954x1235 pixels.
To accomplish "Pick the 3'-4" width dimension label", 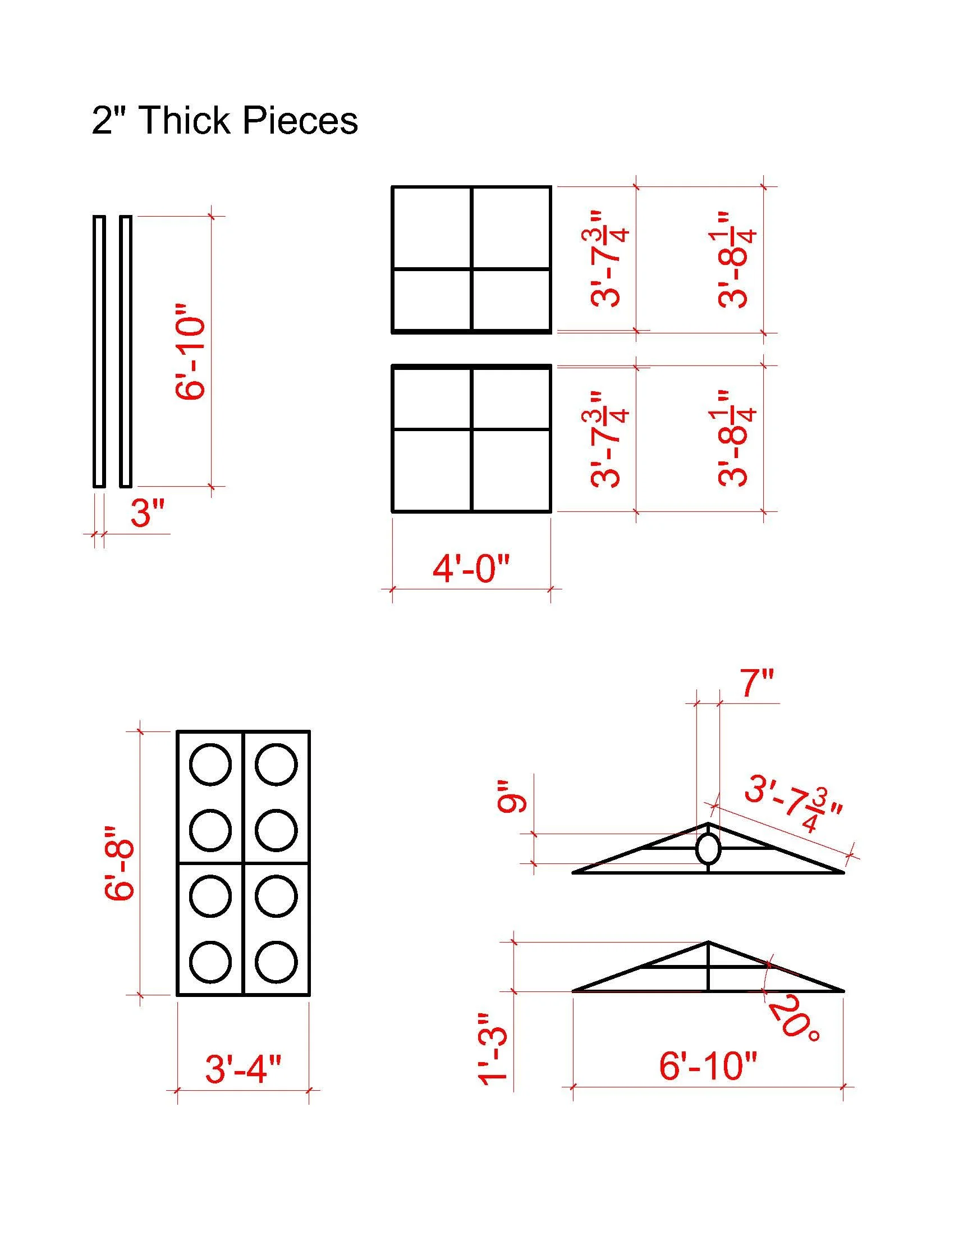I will pos(242,1069).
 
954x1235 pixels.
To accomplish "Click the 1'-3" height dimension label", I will pos(493,1049).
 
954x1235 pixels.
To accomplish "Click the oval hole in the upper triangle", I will pos(708,848).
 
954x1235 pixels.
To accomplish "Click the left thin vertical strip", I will pos(99,351).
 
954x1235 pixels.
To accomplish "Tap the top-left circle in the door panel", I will pos(210,765).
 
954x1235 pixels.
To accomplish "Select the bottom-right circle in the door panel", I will pos(276,961).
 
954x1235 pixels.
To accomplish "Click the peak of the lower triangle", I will pos(708,942).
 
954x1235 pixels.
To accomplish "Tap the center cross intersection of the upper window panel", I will pos(471,268).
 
